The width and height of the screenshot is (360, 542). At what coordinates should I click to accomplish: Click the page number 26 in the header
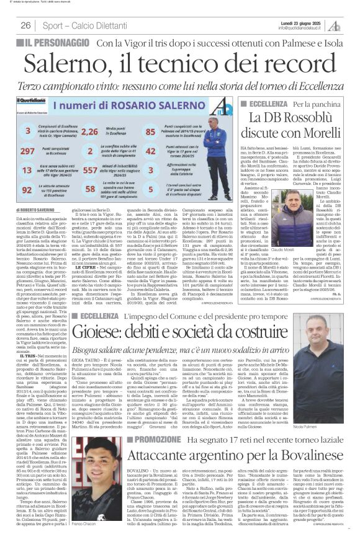[27, 25]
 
